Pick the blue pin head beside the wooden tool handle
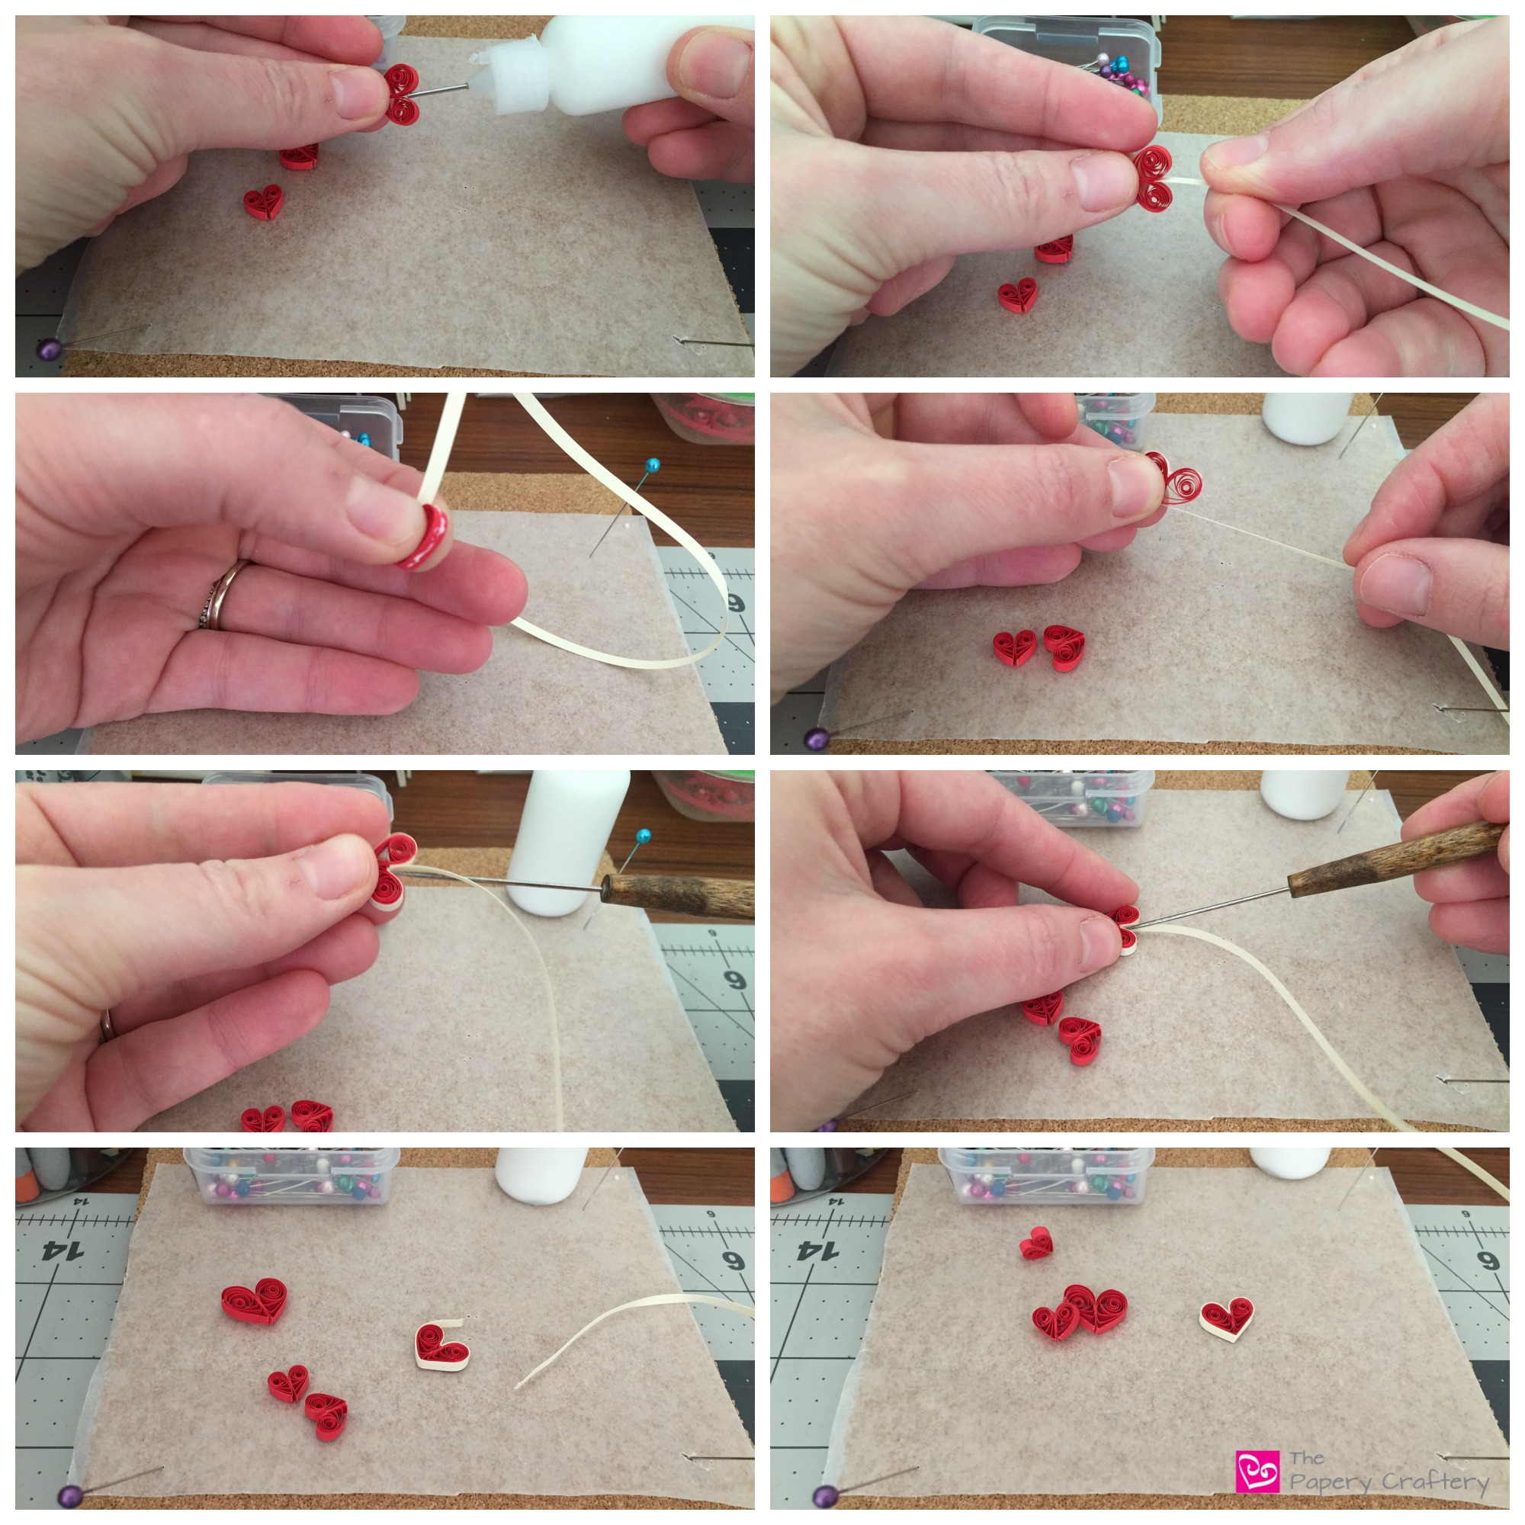(x=644, y=835)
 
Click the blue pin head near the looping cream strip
(x=652, y=465)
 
